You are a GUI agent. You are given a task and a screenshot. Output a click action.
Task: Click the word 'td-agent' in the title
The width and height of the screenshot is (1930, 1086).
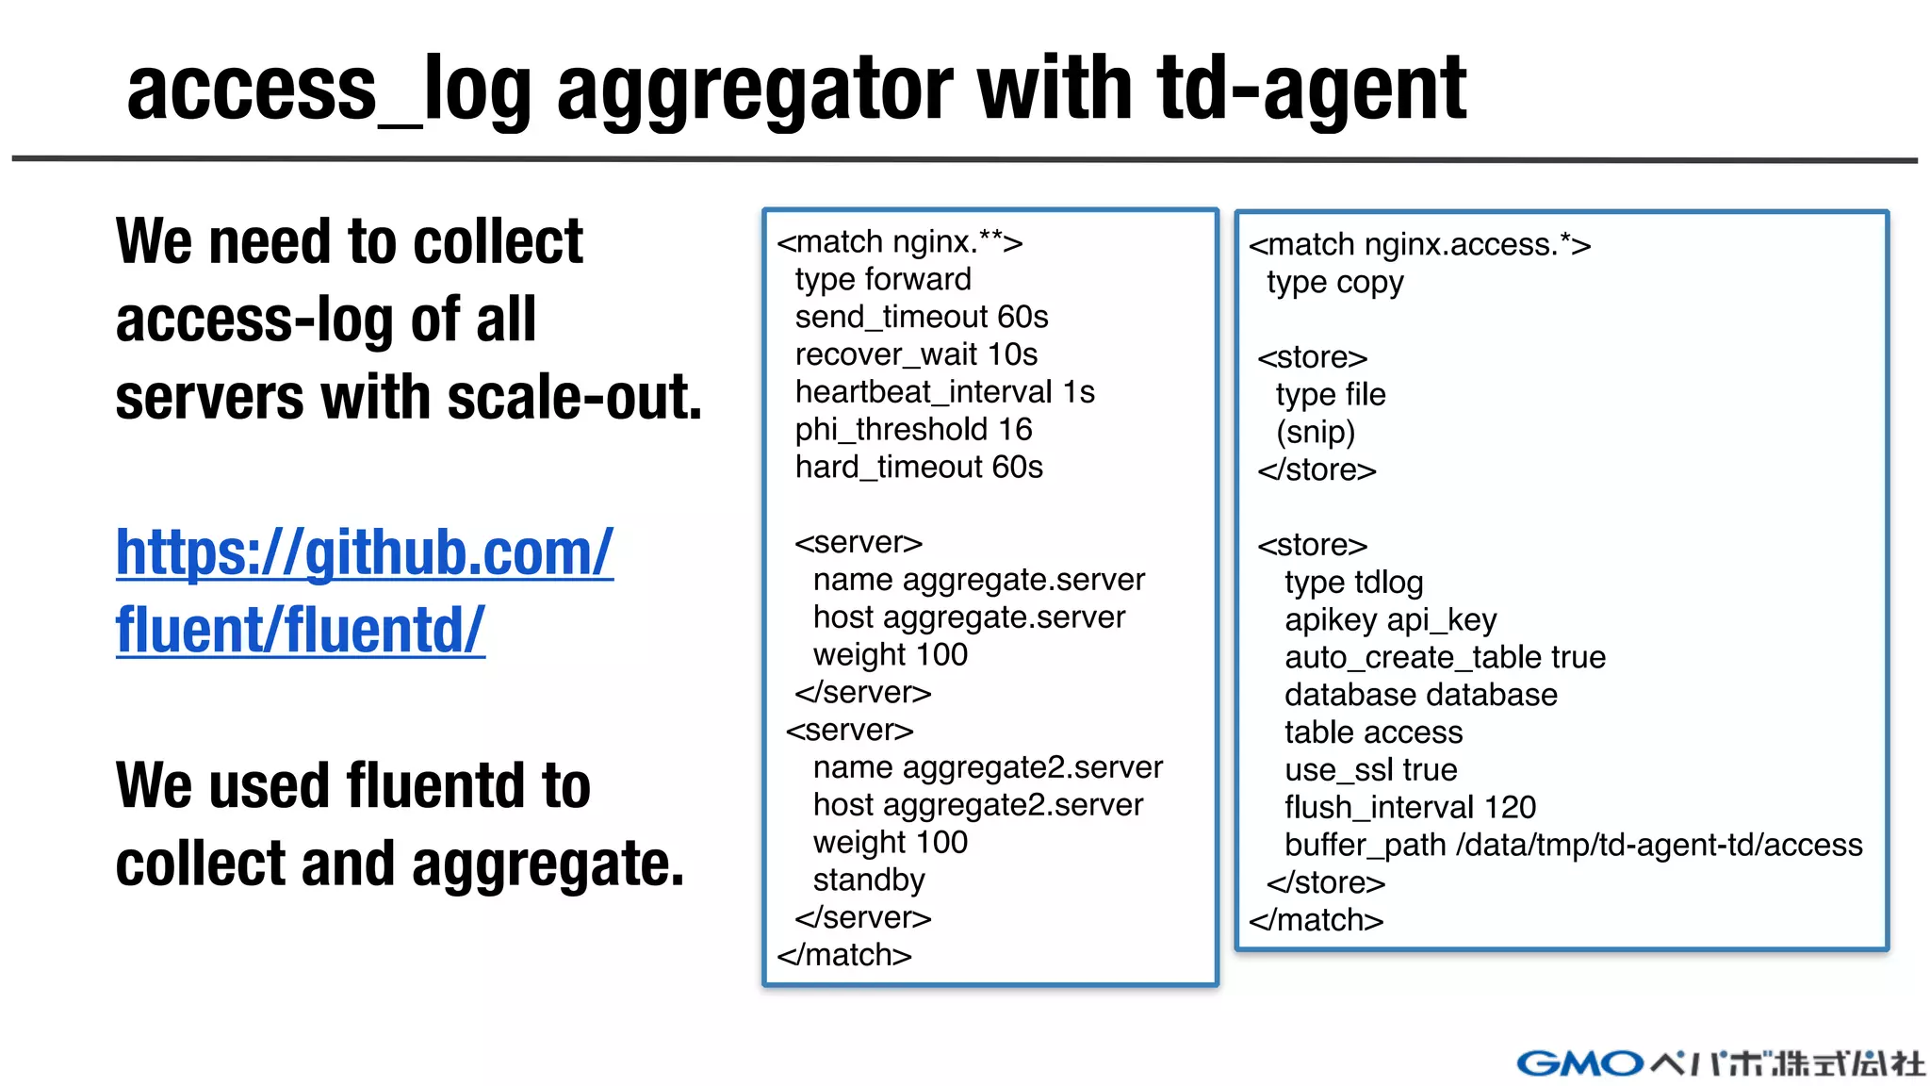pyautogui.click(x=1311, y=90)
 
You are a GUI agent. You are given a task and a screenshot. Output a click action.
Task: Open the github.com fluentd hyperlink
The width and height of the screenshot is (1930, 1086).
pyautogui.click(x=364, y=590)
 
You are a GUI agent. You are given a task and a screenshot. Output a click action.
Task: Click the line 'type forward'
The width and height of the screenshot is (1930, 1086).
pyautogui.click(x=882, y=279)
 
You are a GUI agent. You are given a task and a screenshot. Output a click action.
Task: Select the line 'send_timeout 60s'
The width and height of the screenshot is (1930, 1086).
pyautogui.click(x=921, y=317)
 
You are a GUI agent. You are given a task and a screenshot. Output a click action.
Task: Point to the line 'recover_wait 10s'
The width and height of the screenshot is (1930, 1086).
pyautogui.click(x=915, y=354)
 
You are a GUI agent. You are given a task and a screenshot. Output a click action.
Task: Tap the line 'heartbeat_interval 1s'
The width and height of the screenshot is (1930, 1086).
pyautogui.click(x=944, y=392)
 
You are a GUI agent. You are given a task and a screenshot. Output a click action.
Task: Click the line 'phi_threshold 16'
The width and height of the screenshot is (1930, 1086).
pyautogui.click(x=913, y=430)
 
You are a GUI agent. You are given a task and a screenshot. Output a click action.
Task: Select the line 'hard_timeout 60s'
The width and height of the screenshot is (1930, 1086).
pyautogui.click(x=919, y=468)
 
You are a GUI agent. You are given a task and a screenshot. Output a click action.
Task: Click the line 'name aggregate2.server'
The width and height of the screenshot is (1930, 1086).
pyautogui.click(x=988, y=767)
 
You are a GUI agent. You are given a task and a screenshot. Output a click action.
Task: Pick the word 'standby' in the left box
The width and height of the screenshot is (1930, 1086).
pyautogui.click(x=869, y=880)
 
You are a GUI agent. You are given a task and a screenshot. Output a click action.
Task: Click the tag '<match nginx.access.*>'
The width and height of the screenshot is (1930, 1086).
pyautogui.click(x=1419, y=245)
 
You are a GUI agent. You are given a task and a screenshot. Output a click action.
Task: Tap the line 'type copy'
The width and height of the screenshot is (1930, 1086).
pyautogui.click(x=1334, y=283)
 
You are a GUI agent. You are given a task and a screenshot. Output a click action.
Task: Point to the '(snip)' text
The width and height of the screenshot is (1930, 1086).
pyautogui.click(x=1316, y=433)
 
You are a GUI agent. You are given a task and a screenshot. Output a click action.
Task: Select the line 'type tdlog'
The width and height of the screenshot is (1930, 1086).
pyautogui.click(x=1353, y=583)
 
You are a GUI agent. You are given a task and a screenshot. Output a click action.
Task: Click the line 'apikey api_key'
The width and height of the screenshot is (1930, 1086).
pyautogui.click(x=1390, y=620)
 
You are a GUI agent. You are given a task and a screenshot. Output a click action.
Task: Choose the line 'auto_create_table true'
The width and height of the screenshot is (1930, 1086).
pyautogui.click(x=1445, y=657)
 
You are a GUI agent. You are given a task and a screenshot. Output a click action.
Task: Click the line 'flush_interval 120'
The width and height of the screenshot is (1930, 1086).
pyautogui.click(x=1410, y=808)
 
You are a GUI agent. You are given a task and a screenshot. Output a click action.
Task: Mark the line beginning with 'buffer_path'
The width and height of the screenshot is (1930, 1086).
pyautogui.click(x=1573, y=846)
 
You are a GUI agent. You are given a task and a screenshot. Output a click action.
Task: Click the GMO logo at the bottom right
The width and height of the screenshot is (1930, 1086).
pyautogui.click(x=1580, y=1063)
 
